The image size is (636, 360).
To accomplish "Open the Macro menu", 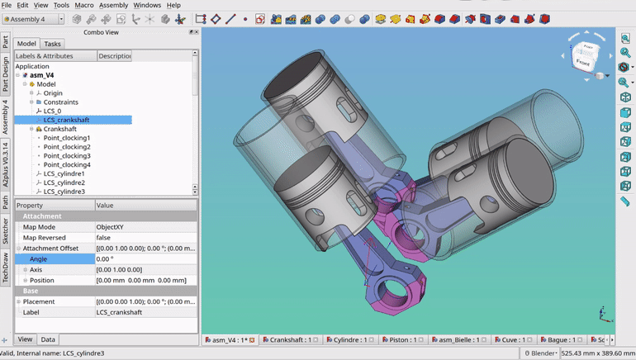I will click(84, 5).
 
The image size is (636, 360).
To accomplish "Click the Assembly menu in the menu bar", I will click(114, 5).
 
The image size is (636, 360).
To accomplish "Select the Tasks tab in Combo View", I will click(53, 44).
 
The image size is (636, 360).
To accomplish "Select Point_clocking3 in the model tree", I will click(67, 156).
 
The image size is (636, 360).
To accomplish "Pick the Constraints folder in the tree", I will click(61, 102).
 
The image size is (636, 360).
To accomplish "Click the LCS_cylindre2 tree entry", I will click(64, 182).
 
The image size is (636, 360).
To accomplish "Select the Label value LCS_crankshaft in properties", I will click(119, 312).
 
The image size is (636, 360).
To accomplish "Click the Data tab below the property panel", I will click(48, 339).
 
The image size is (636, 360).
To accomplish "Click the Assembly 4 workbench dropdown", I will click(33, 19).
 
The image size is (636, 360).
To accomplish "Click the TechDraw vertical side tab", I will click(6, 265).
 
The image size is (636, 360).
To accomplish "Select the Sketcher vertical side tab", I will click(6, 230).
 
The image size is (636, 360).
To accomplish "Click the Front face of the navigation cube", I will click(583, 61).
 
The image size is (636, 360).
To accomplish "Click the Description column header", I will click(114, 56).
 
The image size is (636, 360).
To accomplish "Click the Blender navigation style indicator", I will click(541, 353).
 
